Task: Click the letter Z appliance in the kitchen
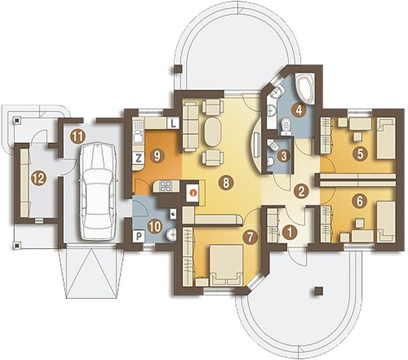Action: pyautogui.click(x=138, y=158)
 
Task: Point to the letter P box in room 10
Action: pyautogui.click(x=139, y=236)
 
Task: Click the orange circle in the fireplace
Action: pyautogui.click(x=193, y=192)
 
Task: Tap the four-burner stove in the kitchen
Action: pyautogui.click(x=164, y=186)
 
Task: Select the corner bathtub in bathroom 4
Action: pyautogui.click(x=305, y=88)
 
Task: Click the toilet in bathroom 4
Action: pyautogui.click(x=286, y=127)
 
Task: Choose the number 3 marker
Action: pyautogui.click(x=284, y=156)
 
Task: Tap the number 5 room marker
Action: pyautogui.click(x=360, y=154)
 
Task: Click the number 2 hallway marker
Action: pyautogui.click(x=302, y=191)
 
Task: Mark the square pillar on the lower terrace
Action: pyautogui.click(x=318, y=291)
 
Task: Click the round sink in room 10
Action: pyautogui.click(x=171, y=234)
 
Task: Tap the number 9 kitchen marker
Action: pyautogui.click(x=157, y=156)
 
